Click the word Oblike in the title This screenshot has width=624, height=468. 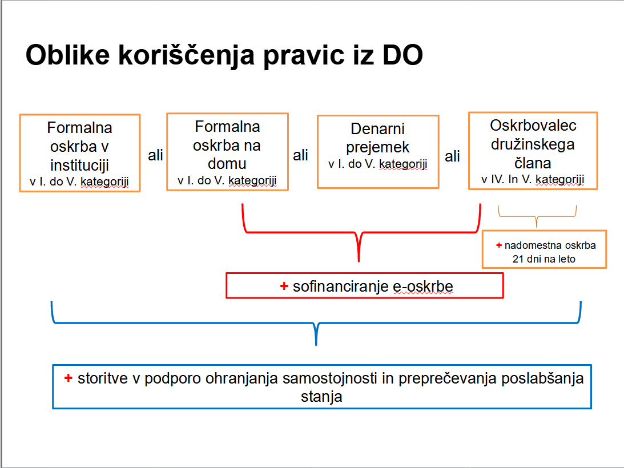click(x=68, y=55)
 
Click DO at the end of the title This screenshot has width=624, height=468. click(x=402, y=55)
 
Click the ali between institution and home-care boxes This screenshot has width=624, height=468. click(x=155, y=155)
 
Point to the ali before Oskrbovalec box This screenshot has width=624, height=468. click(x=452, y=156)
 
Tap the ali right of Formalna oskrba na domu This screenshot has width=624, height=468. click(x=300, y=155)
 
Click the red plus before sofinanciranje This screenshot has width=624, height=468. click(x=284, y=286)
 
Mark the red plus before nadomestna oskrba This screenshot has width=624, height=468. click(x=498, y=245)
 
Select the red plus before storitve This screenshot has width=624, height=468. click(x=68, y=378)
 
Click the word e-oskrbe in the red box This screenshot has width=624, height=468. click(x=422, y=287)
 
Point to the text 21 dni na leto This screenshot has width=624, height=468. click(x=544, y=259)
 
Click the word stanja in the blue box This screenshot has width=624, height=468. click(x=321, y=397)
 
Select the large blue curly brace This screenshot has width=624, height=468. click(x=316, y=322)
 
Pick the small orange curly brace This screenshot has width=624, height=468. click(x=537, y=216)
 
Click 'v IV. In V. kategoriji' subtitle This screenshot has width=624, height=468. click(x=533, y=179)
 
